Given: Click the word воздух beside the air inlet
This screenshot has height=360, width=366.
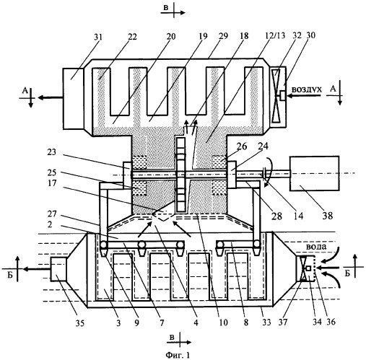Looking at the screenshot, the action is coord(307,89).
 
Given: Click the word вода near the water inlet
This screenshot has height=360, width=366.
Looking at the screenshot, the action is coord(316,247).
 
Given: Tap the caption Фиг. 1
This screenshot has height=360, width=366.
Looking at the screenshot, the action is coord(178,355).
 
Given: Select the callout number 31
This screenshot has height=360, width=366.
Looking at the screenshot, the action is coord(97,37).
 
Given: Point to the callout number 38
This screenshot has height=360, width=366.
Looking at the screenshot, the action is coord(328,215).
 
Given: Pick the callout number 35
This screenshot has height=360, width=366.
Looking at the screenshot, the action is coord(80,323).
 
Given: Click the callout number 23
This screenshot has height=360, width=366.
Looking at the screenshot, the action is coord(51,152).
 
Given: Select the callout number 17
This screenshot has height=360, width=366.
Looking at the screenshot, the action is coord(52,183).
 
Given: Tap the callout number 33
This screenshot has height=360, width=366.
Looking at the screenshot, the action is coord(266,322).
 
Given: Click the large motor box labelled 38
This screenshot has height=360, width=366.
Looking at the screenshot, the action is coord(315,173).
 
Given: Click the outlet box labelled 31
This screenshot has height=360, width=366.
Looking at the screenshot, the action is coord(73,99).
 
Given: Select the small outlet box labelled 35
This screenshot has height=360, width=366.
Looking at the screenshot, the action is coord(58,269).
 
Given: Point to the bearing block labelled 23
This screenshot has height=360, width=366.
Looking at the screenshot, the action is coord(127,175).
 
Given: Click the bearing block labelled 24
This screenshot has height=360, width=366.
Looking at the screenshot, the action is coord(232,175).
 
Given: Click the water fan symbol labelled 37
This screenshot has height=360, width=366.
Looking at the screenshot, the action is coord(304,268).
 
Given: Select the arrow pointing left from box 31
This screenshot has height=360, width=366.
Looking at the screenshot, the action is coord(51,97).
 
